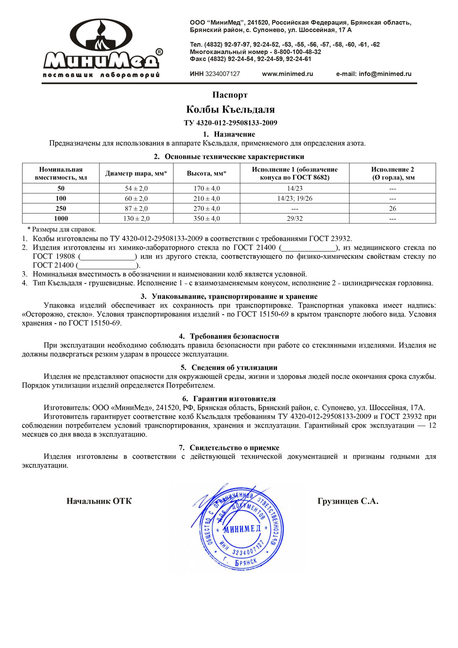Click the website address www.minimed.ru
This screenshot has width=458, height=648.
pyautogui.click(x=287, y=74)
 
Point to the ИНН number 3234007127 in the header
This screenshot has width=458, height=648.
pyautogui.click(x=223, y=74)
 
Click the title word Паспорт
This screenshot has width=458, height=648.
pyautogui.click(x=230, y=95)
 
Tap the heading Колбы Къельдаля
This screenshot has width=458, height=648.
pyautogui.click(x=230, y=110)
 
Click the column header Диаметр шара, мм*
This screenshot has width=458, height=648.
pyautogui.click(x=136, y=173)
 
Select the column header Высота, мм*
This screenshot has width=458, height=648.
pyautogui.click(x=206, y=173)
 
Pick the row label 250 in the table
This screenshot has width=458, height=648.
pyautogui.click(x=61, y=208)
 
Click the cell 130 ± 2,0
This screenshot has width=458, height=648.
pyautogui.click(x=136, y=219)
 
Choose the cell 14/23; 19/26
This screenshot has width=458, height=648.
pyautogui.click(x=295, y=199)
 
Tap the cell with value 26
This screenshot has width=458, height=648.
pyautogui.click(x=392, y=208)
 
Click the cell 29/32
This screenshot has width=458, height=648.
pyautogui.click(x=295, y=219)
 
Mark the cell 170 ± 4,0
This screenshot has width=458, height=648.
pyautogui.click(x=206, y=189)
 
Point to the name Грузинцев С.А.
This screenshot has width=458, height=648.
pyautogui.click(x=348, y=501)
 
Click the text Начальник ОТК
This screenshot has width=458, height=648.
pyautogui.click(x=99, y=501)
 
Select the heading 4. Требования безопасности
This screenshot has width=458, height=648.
pyautogui.click(x=229, y=336)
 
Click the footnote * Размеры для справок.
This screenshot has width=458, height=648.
pyautogui.click(x=61, y=229)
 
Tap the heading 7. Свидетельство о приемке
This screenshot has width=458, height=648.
pyautogui.click(x=229, y=448)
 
